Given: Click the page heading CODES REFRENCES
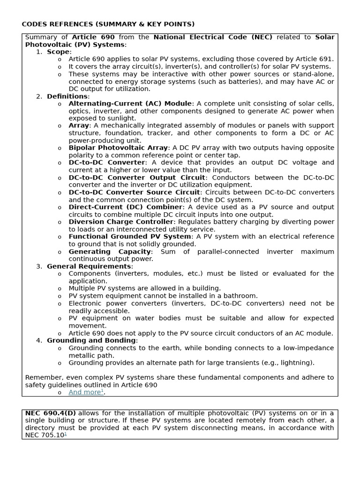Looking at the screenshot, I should coord(108,24).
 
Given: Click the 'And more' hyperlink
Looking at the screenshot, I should coord(85,392).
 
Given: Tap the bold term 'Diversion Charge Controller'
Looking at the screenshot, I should coord(121,222).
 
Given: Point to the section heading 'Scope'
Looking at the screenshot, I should coord(58,52).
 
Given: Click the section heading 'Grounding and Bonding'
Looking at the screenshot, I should coord(91,341).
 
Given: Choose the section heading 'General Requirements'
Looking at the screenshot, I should coord(89,267).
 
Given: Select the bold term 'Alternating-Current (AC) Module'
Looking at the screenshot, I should coord(130,104).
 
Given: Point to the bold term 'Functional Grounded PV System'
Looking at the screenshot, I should coord(129,237).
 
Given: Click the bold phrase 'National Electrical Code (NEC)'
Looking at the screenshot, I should coord(213,37).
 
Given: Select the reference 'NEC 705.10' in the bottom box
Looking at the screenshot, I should coord(45,435).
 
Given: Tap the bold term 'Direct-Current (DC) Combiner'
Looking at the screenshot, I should coord(125,207).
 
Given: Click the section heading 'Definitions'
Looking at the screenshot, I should coord(67,97).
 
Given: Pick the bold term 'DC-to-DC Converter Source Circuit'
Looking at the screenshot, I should coord(134,193).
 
